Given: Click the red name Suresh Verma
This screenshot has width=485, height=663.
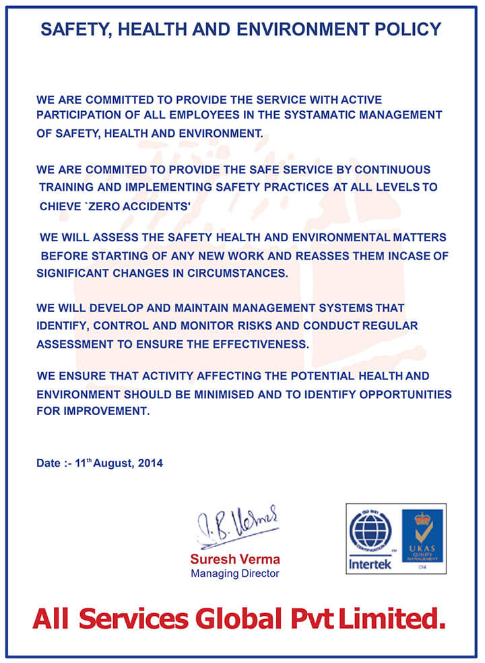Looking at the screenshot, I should pyautogui.click(x=234, y=559).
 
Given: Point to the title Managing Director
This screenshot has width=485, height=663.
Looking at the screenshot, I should pyautogui.click(x=234, y=574).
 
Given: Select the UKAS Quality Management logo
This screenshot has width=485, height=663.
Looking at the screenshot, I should pyautogui.click(x=422, y=537).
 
